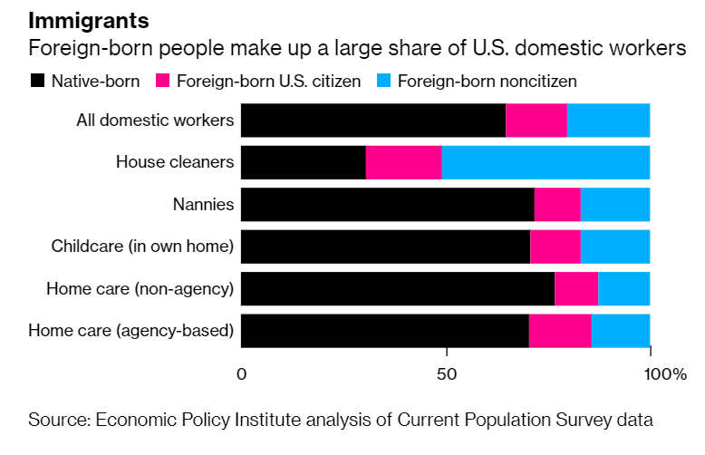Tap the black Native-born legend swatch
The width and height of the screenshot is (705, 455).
(36, 81)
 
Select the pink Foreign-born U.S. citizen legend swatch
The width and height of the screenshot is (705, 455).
(163, 81)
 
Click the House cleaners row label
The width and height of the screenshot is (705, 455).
(175, 162)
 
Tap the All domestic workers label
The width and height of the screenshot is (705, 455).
(155, 120)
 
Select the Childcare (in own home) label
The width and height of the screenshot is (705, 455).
(142, 247)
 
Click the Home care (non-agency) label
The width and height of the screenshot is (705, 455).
(140, 289)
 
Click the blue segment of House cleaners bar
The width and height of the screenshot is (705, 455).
(546, 162)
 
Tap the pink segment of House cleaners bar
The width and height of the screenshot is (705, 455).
(403, 162)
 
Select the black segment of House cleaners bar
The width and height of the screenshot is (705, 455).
(304, 162)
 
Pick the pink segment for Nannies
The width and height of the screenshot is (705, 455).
(557, 204)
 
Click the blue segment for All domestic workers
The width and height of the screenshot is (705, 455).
(608, 120)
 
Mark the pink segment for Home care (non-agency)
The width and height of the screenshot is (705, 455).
(576, 289)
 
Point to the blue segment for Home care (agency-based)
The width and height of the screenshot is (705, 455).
(621, 331)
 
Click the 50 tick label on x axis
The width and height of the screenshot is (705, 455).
(446, 373)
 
